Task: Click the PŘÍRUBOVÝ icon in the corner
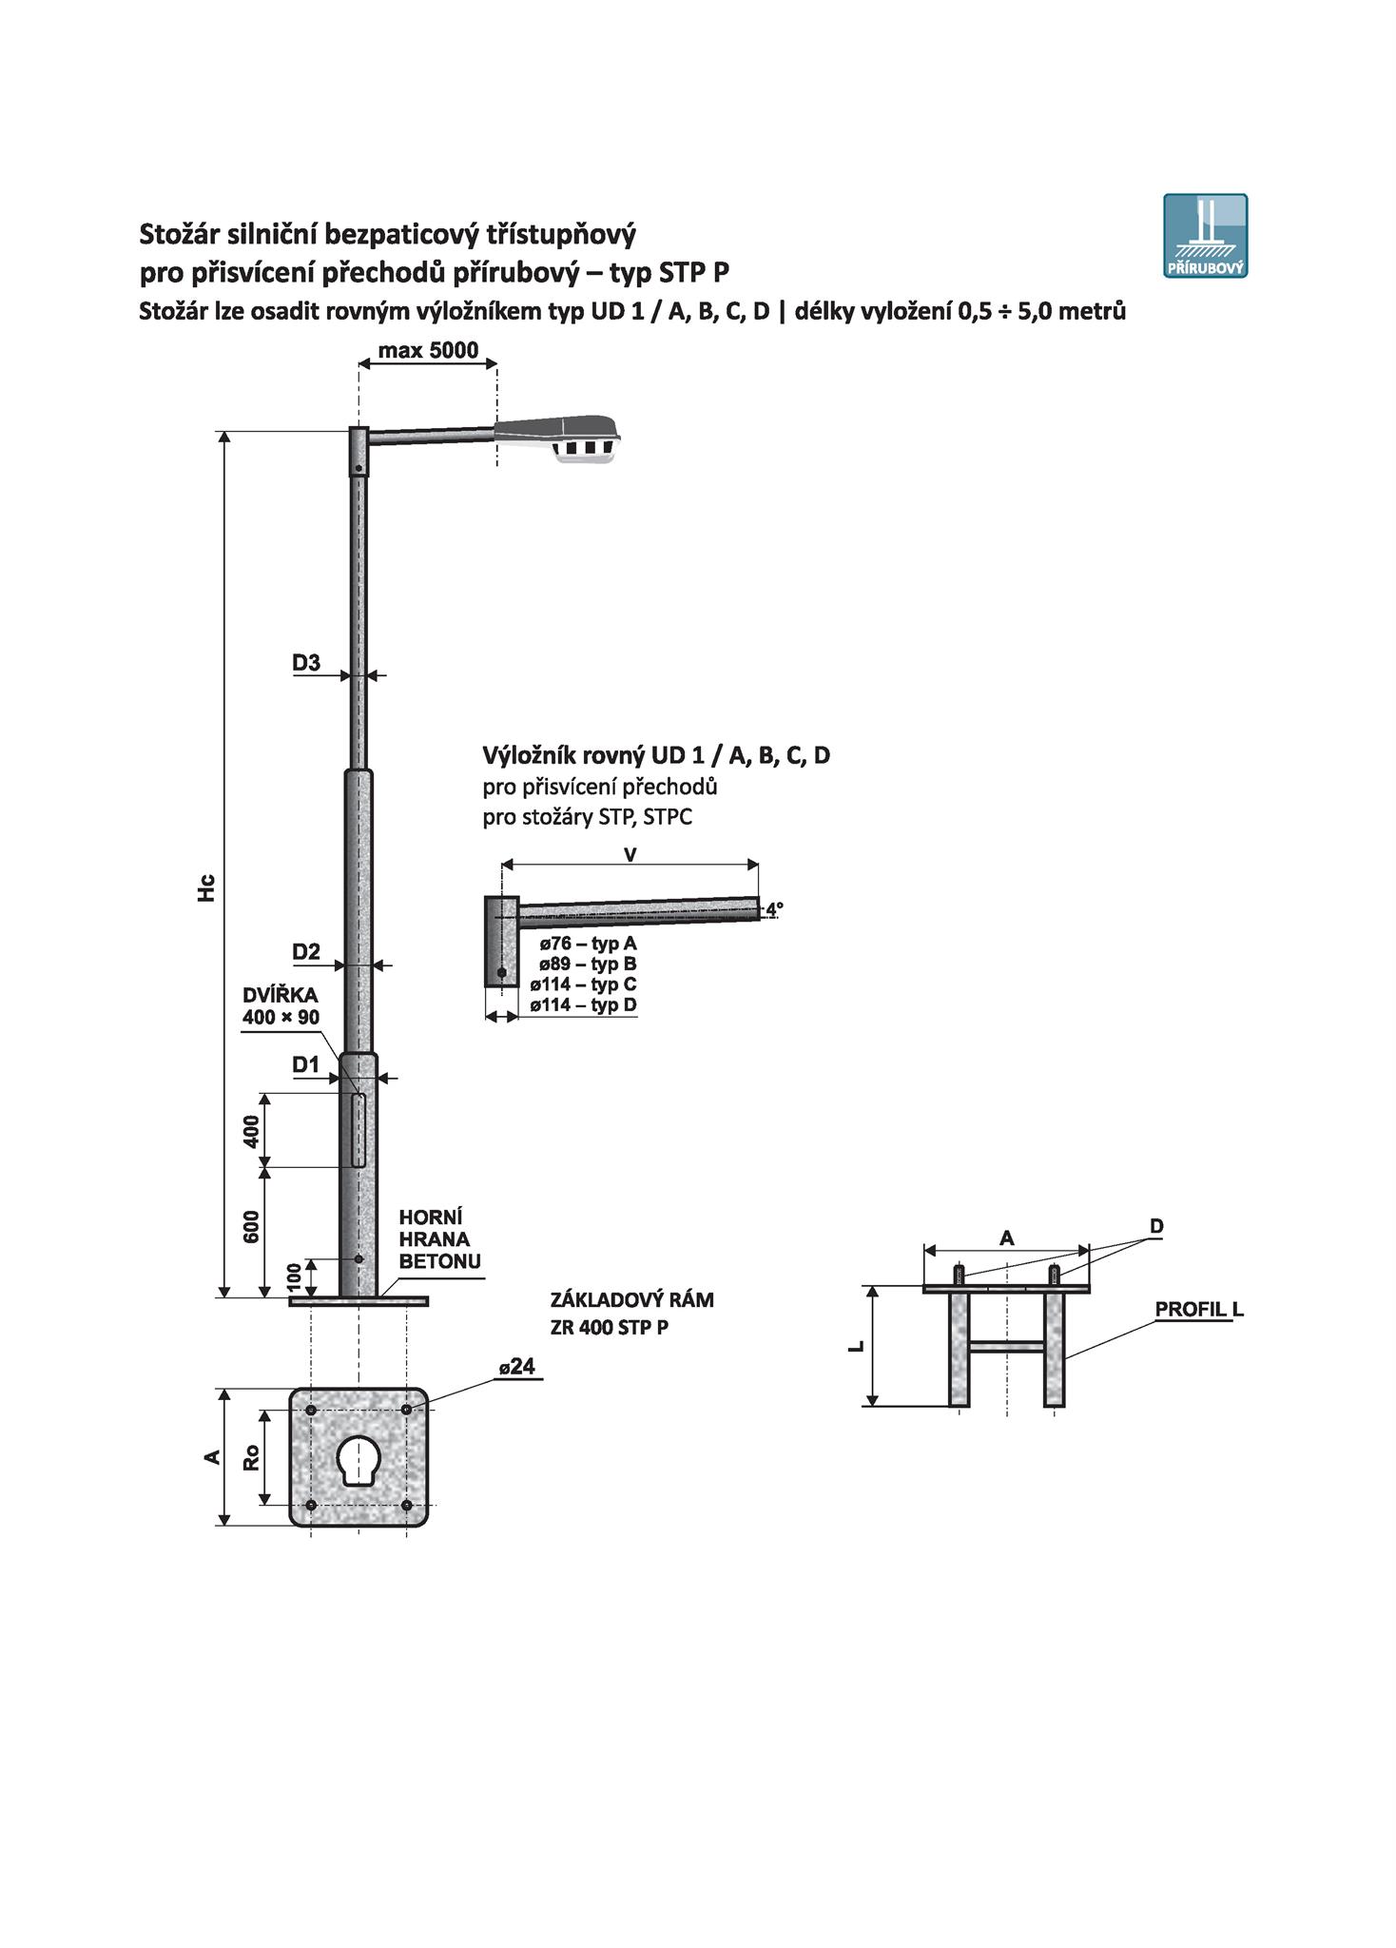click(1205, 236)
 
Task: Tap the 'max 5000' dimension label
click(428, 350)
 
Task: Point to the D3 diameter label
click(306, 663)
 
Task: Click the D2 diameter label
click(306, 952)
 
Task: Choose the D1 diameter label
click(305, 1065)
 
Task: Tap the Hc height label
click(207, 887)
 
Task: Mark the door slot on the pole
click(359, 1130)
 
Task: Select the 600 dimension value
click(251, 1228)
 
